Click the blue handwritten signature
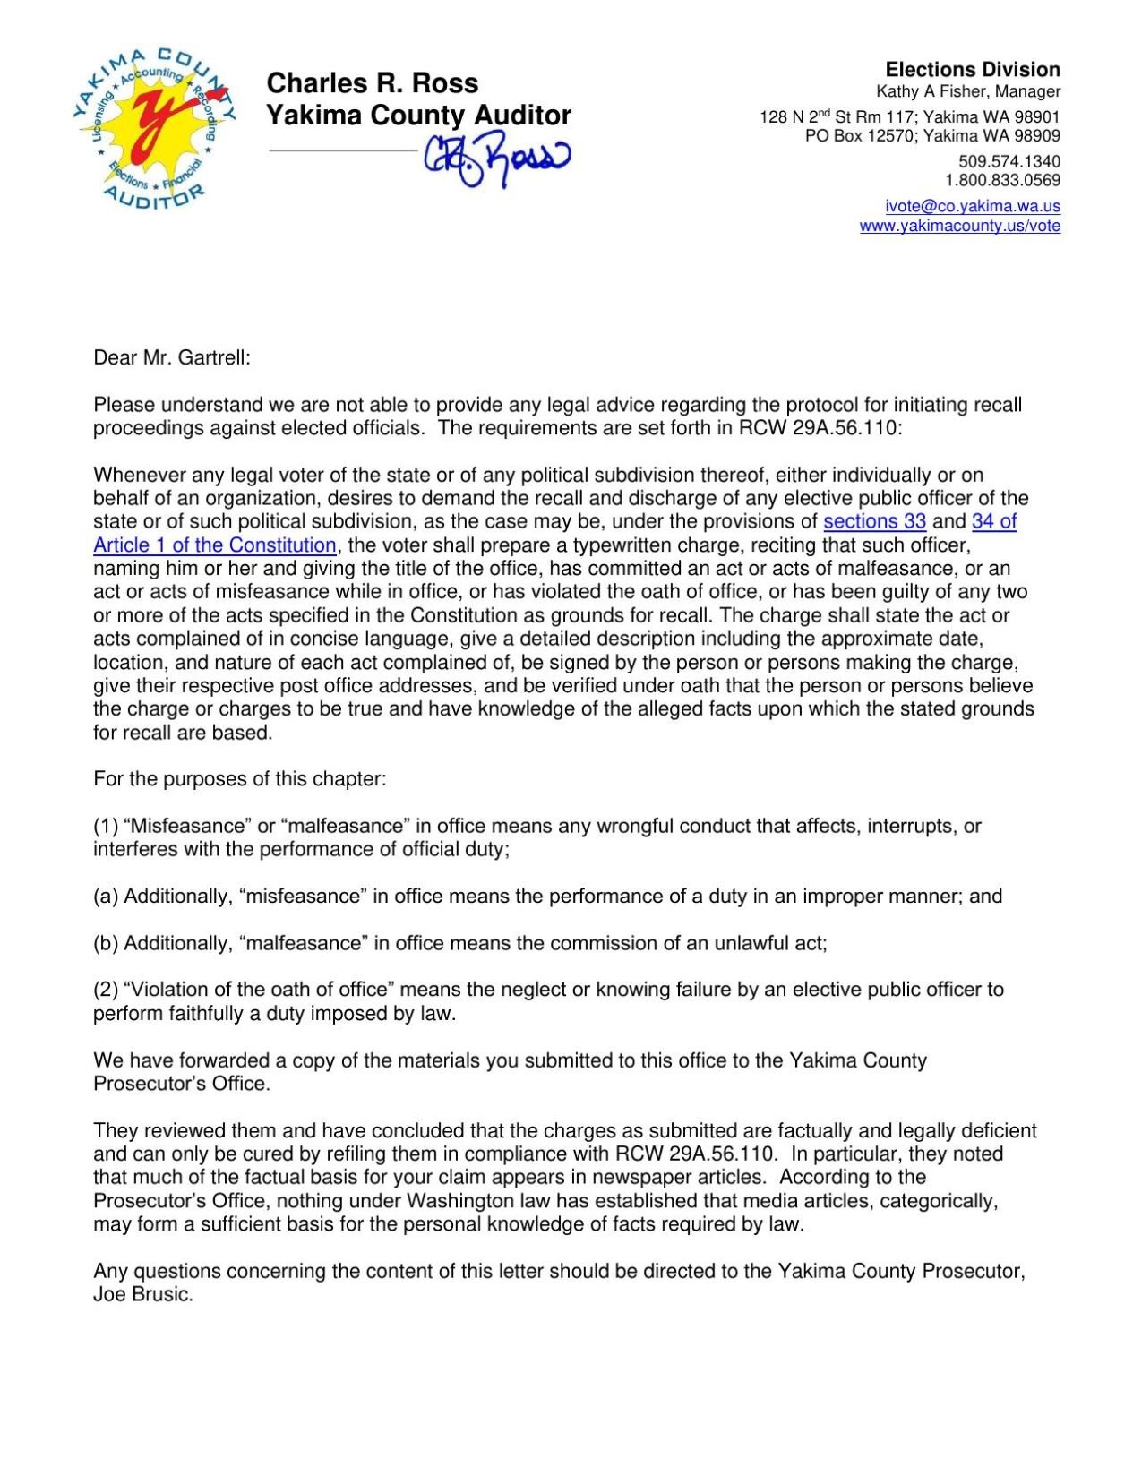(x=497, y=159)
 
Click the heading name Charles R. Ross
(x=373, y=83)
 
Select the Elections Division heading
(x=972, y=70)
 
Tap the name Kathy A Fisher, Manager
(x=967, y=91)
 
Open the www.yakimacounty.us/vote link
(x=959, y=226)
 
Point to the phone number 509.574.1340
(x=1009, y=162)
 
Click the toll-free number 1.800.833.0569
(x=1002, y=180)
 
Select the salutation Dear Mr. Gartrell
(x=172, y=358)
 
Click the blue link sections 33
(x=874, y=521)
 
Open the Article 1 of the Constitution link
(x=215, y=545)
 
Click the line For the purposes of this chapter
(x=240, y=779)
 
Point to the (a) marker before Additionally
(x=106, y=896)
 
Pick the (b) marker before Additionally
(x=106, y=943)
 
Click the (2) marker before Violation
(x=106, y=990)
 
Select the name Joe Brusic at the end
(x=142, y=1294)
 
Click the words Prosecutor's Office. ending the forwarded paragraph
(x=181, y=1084)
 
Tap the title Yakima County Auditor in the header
(x=418, y=116)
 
